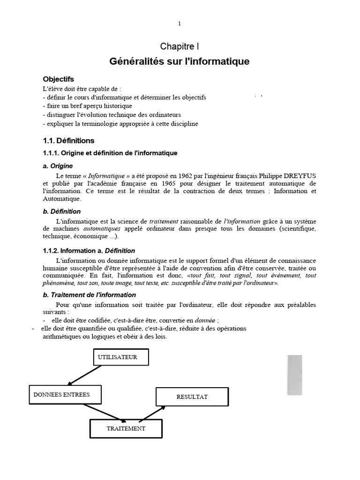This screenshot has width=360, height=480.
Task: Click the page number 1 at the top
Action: (x=180, y=24)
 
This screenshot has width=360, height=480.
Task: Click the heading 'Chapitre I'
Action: (x=180, y=46)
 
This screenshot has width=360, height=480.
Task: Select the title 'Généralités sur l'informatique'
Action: (x=180, y=61)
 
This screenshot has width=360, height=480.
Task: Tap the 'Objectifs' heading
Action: (x=59, y=79)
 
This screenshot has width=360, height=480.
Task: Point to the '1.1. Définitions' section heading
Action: (x=68, y=141)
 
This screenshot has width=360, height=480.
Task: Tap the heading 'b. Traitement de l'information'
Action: (x=89, y=295)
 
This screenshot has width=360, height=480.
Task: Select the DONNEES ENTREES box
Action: (x=61, y=395)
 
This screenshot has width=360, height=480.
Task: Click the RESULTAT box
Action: (x=192, y=397)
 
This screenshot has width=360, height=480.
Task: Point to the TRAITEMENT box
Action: (x=126, y=428)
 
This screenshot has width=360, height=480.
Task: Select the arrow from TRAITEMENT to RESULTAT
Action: (x=152, y=414)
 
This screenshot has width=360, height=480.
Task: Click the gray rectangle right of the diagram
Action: (x=294, y=375)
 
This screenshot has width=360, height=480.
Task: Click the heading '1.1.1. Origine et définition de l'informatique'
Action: (x=110, y=153)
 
